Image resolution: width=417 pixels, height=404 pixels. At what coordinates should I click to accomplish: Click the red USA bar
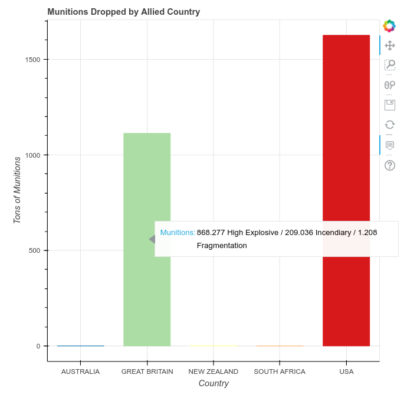pyautogui.click(x=346, y=148)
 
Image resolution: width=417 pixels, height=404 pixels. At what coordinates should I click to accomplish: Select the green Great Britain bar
pyautogui.click(x=147, y=177)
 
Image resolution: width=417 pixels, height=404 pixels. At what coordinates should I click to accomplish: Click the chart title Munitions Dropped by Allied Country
pyautogui.click(x=123, y=12)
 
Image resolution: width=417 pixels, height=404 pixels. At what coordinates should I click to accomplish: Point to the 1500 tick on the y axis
pyautogui.click(x=34, y=60)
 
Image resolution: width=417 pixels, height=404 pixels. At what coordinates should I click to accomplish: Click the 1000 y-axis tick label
pyautogui.click(x=34, y=155)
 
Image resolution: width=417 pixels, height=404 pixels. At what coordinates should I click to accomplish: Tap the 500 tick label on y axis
pyautogui.click(x=35, y=250)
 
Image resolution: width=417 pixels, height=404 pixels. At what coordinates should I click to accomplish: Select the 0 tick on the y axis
pyautogui.click(x=38, y=346)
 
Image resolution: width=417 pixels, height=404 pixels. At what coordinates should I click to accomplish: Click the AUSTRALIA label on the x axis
pyautogui.click(x=80, y=372)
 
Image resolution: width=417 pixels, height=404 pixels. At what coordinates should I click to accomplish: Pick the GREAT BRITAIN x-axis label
pyautogui.click(x=147, y=372)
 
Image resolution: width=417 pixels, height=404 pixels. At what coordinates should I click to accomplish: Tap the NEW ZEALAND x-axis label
pyautogui.click(x=213, y=372)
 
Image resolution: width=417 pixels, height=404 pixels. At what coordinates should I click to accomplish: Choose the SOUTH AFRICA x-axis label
pyautogui.click(x=280, y=372)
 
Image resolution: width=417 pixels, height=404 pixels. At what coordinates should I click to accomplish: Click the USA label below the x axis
pyautogui.click(x=346, y=372)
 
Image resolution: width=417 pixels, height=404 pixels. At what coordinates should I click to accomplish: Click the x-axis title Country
pyautogui.click(x=214, y=384)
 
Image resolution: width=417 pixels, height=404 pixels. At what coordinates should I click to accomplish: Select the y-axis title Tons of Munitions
pyautogui.click(x=17, y=190)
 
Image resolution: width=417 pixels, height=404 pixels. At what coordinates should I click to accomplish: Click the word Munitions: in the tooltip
pyautogui.click(x=178, y=233)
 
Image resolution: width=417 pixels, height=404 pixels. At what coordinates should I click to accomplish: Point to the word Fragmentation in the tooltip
pyautogui.click(x=222, y=246)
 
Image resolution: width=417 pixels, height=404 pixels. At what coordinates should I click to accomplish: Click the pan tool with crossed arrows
pyautogui.click(x=389, y=45)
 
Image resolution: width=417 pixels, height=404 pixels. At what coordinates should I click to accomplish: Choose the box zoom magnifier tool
pyautogui.click(x=389, y=65)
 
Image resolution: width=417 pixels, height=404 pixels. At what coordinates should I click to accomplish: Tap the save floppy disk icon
pyautogui.click(x=389, y=105)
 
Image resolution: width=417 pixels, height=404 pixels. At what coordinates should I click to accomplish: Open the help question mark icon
pyautogui.click(x=389, y=165)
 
